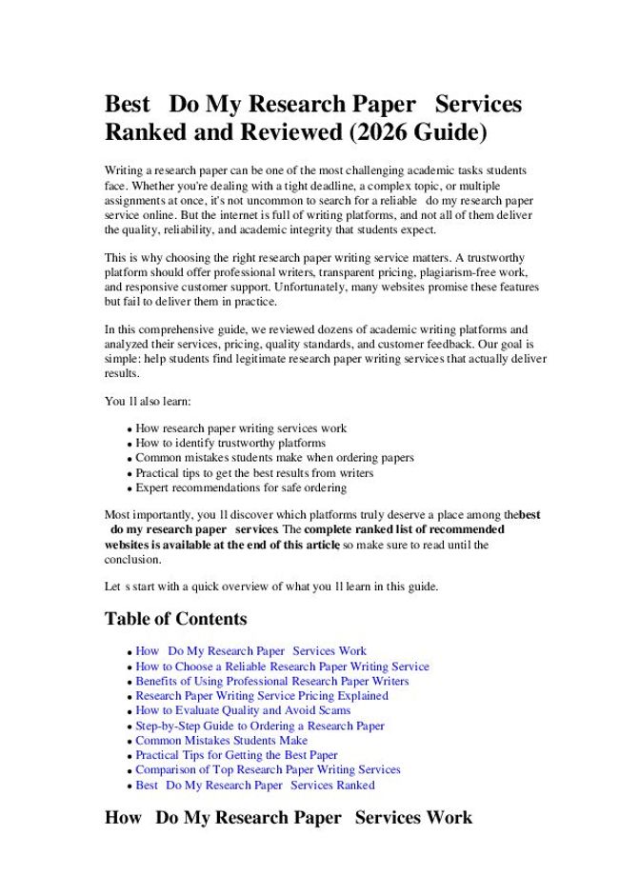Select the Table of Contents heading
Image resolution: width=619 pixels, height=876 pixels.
coord(175,619)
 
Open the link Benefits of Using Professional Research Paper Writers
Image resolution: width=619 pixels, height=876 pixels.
coord(271,681)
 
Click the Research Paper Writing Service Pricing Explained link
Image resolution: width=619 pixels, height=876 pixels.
coord(261,696)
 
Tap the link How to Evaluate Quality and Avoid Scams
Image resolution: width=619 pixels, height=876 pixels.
coord(243,710)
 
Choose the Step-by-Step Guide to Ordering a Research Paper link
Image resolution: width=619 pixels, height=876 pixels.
coord(260,726)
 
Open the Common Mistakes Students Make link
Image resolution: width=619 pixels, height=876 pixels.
coord(221,740)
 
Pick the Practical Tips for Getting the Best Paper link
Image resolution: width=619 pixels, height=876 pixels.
coord(236,755)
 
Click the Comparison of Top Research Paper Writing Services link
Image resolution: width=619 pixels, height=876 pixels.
coord(268,769)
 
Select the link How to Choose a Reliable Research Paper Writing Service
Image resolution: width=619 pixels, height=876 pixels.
coord(282,667)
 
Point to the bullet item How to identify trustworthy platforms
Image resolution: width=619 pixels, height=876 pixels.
coord(230,443)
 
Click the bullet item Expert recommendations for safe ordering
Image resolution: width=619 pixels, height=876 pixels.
coord(241,488)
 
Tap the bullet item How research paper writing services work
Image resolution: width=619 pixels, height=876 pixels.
coord(241,428)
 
